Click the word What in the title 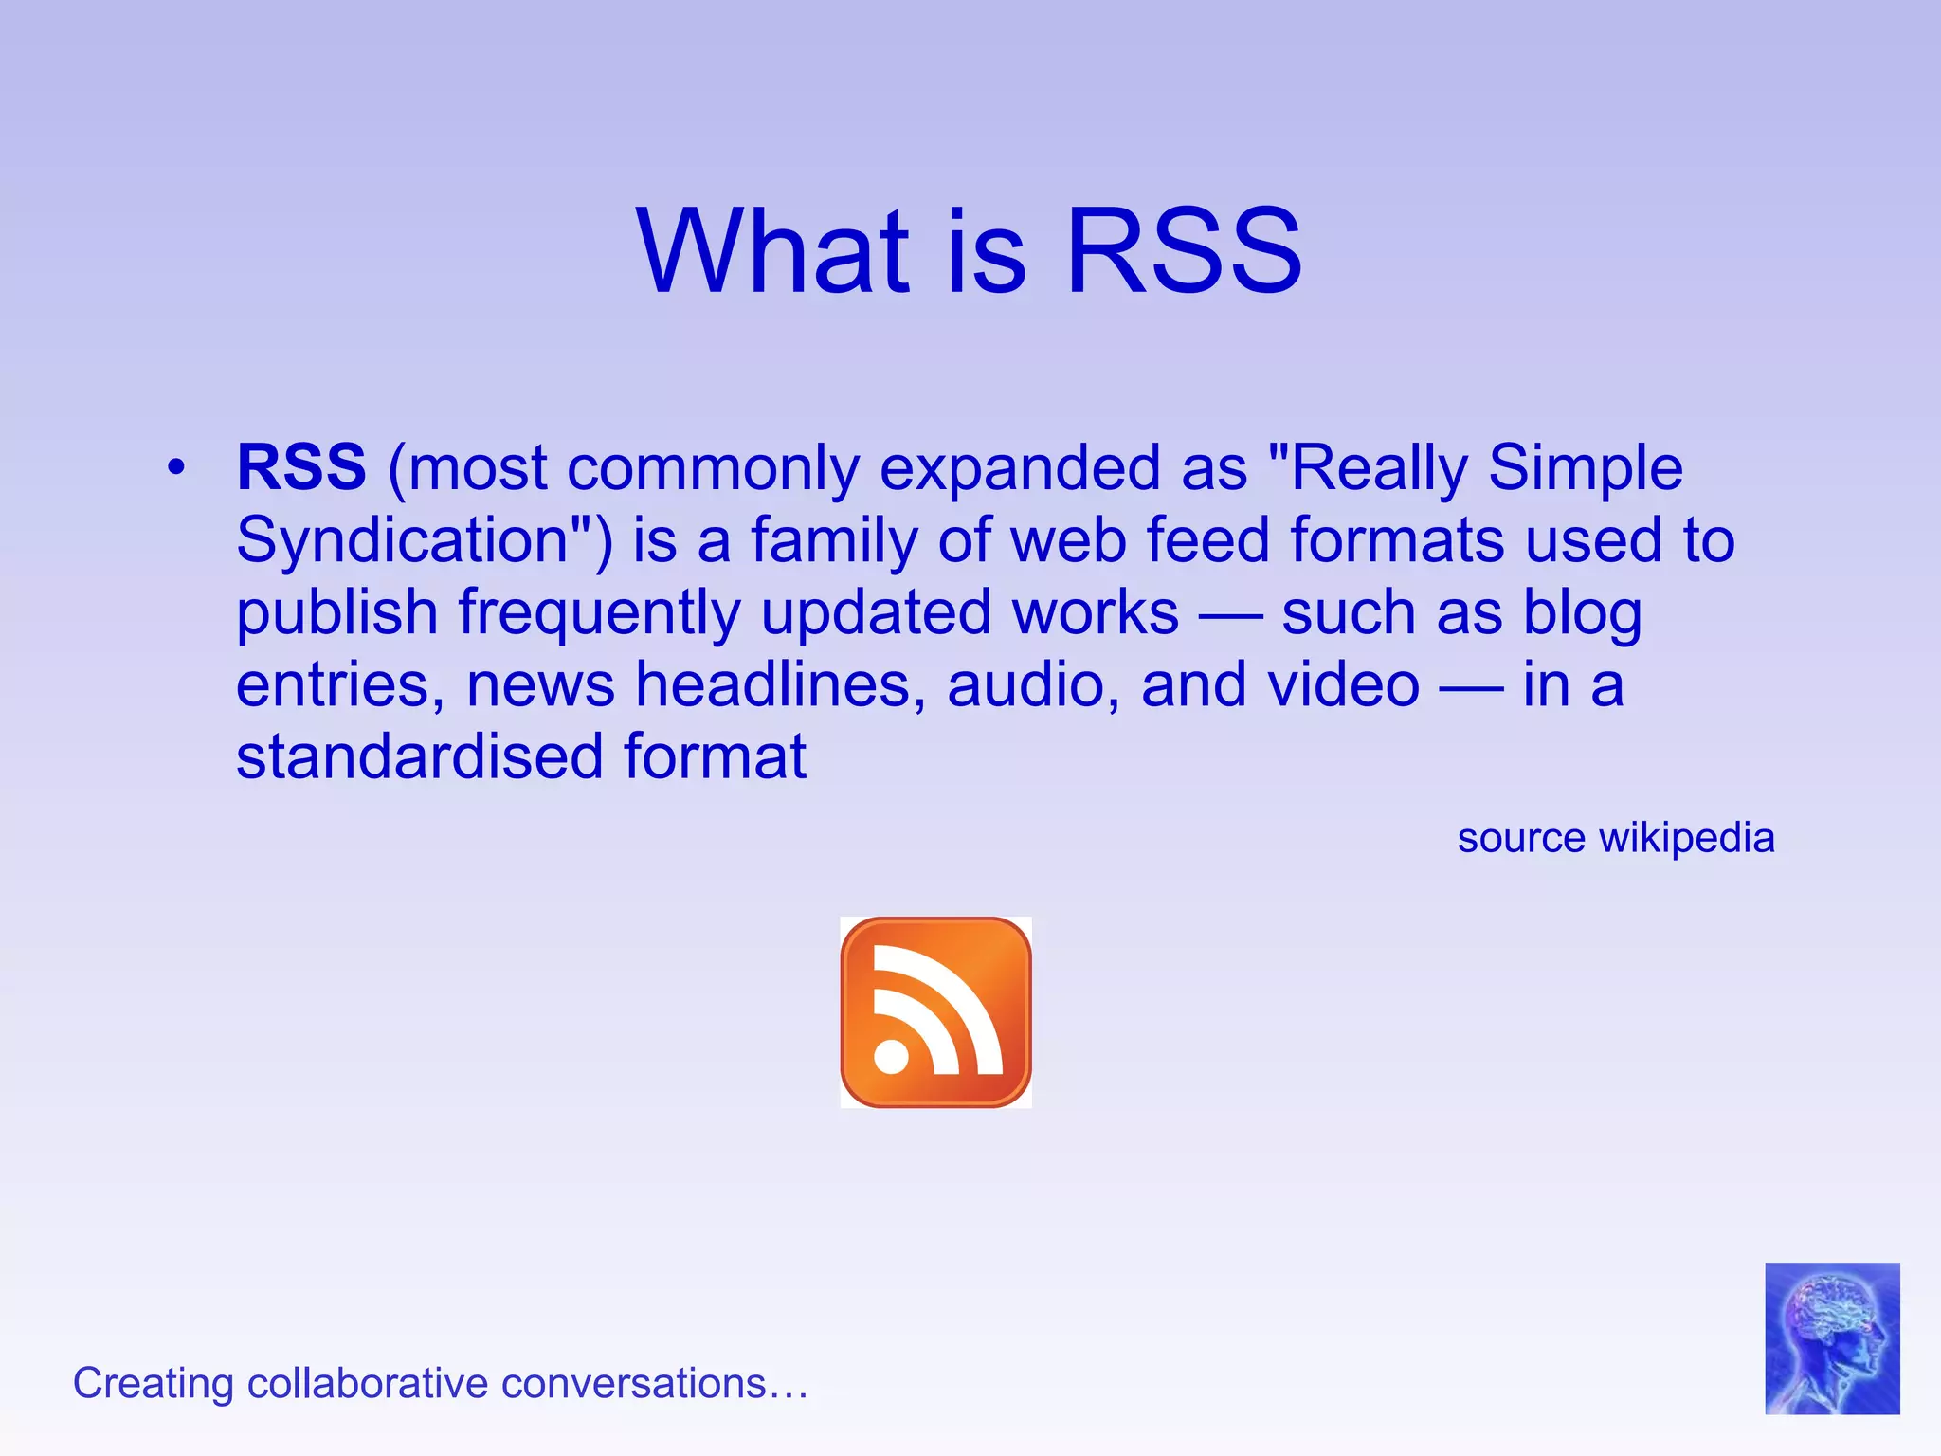[772, 251]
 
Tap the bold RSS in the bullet [301, 467]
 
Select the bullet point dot [175, 467]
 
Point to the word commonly [713, 469]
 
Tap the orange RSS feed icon [935, 1011]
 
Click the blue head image [1831, 1338]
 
